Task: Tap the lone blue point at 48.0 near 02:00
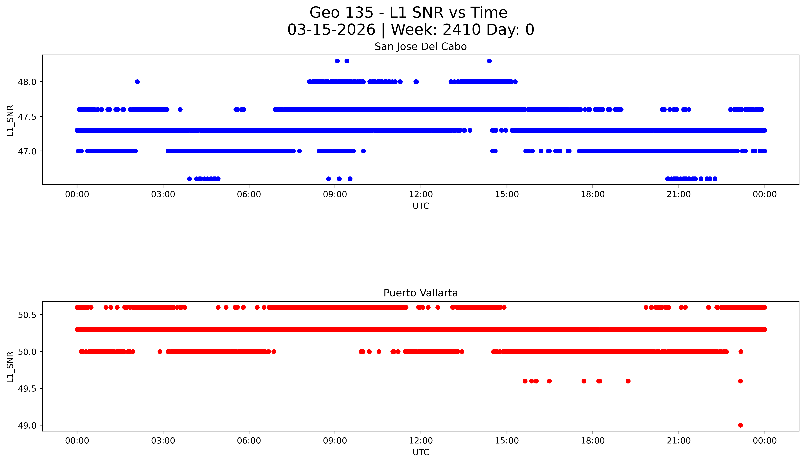point(137,82)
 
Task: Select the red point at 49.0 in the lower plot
point(740,425)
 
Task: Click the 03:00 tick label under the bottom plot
point(163,441)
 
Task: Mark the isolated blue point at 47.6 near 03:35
point(180,109)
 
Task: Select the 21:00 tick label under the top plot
point(679,194)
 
